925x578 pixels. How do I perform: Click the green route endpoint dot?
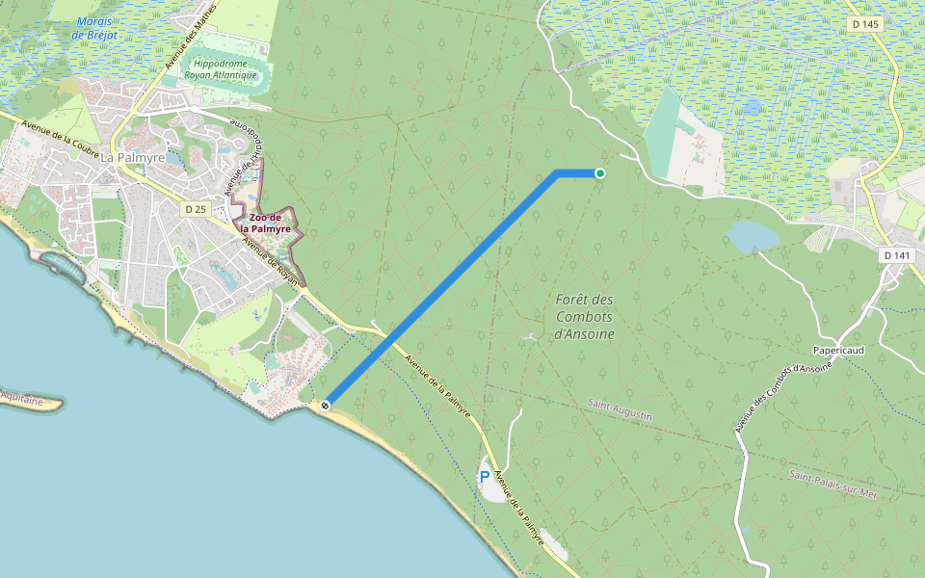[x=599, y=173]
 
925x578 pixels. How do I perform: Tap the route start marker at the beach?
[x=326, y=406]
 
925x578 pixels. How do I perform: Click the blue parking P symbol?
[x=484, y=476]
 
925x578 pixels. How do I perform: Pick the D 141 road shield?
[x=897, y=255]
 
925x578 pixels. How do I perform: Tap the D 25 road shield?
[x=196, y=209]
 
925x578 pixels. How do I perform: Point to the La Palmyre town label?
[x=133, y=158]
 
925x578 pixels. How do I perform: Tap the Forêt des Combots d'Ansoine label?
[x=585, y=316]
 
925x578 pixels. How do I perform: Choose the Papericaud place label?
[x=838, y=351]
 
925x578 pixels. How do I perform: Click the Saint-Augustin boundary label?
[x=620, y=408]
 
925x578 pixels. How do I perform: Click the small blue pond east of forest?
[x=753, y=236]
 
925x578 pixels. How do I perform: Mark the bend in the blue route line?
[x=558, y=173]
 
